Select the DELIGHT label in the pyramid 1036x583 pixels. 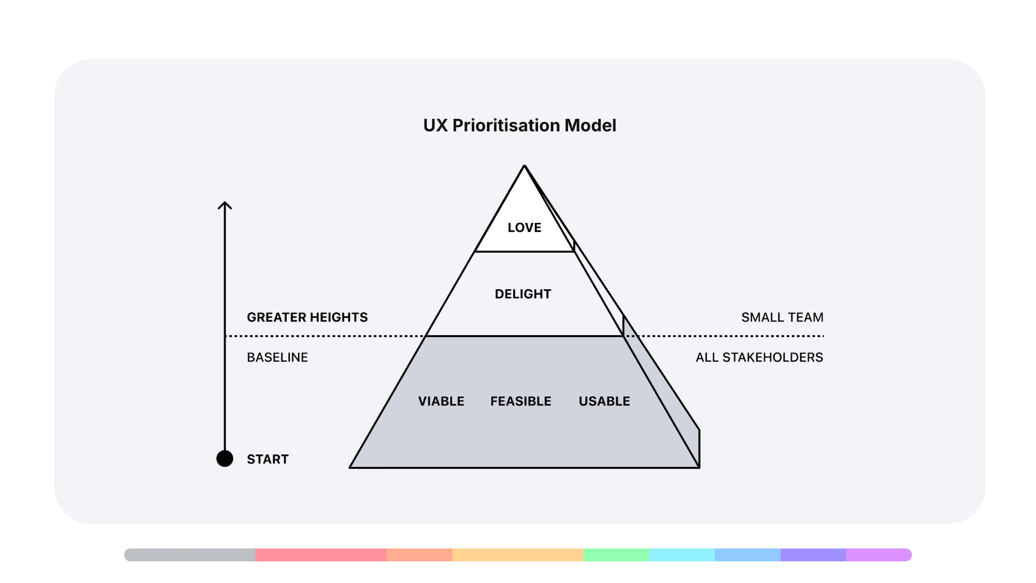click(x=523, y=294)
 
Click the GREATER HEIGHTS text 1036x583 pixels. click(x=307, y=317)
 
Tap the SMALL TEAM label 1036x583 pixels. click(x=782, y=317)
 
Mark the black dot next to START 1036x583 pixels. click(x=225, y=459)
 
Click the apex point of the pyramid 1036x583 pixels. click(x=524, y=166)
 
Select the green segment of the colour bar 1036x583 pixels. click(x=616, y=555)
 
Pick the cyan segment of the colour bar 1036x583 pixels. click(x=682, y=555)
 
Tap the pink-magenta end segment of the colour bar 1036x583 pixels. click(x=878, y=555)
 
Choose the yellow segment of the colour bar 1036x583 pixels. click(x=518, y=555)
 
